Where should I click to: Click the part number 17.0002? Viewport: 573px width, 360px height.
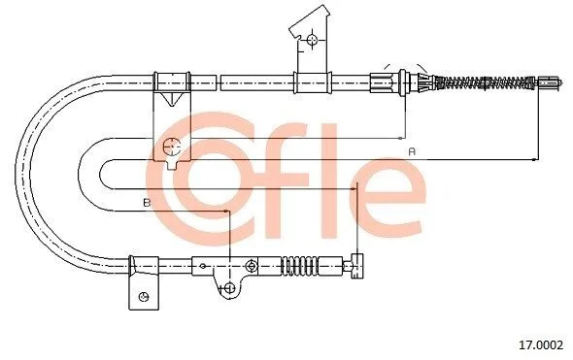click(x=541, y=344)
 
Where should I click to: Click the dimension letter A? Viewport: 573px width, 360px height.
click(x=412, y=151)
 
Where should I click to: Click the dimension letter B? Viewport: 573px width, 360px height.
click(x=147, y=202)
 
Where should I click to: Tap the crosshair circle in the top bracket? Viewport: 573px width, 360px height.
click(x=312, y=40)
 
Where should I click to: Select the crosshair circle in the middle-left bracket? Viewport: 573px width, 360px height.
click(x=172, y=147)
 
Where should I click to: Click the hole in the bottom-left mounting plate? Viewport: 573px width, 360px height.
click(x=144, y=297)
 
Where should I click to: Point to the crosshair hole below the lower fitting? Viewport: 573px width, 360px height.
click(x=229, y=288)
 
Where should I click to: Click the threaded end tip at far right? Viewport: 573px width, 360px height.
click(x=550, y=82)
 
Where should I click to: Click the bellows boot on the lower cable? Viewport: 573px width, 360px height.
click(x=300, y=266)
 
